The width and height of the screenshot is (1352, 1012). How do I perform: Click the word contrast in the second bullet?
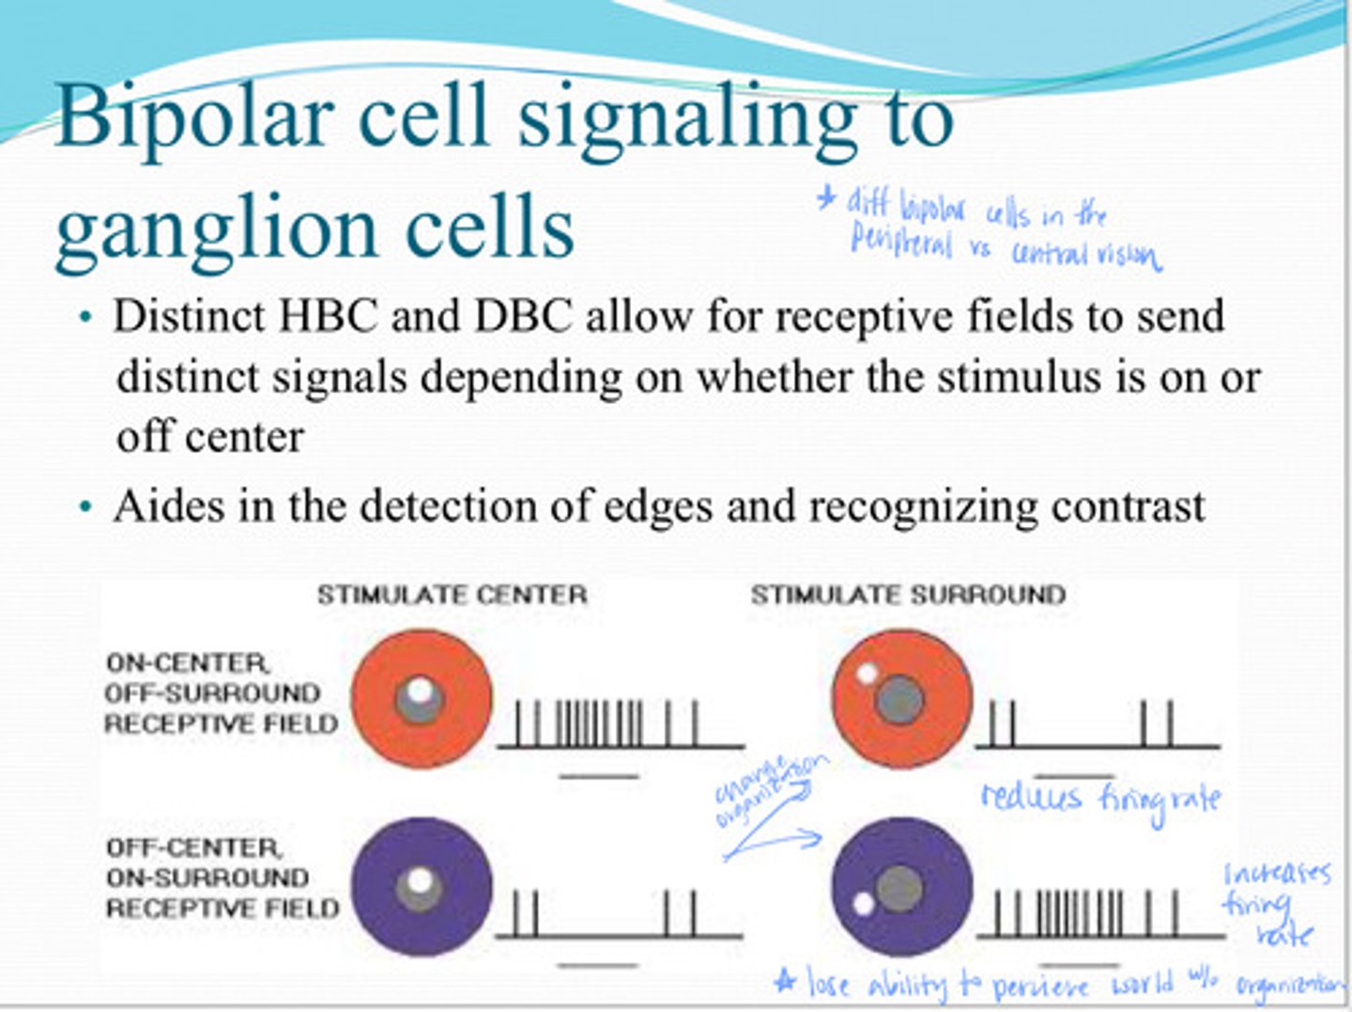pos(1128,506)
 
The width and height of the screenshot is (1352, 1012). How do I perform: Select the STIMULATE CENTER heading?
pos(452,595)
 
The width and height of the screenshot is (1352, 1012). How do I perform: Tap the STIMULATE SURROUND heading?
pos(908,595)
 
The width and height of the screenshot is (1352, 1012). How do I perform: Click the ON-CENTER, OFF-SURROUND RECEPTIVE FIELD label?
pos(221,693)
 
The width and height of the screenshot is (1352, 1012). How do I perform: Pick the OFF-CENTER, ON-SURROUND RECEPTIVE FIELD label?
pos(221,878)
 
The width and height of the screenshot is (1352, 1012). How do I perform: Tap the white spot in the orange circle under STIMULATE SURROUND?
pos(867,674)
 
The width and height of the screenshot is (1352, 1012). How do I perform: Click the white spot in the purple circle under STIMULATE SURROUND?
pos(863,905)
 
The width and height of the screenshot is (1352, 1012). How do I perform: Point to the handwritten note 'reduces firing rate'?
pos(1100,799)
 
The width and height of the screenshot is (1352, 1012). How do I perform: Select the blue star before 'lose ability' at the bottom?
pos(785,981)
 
